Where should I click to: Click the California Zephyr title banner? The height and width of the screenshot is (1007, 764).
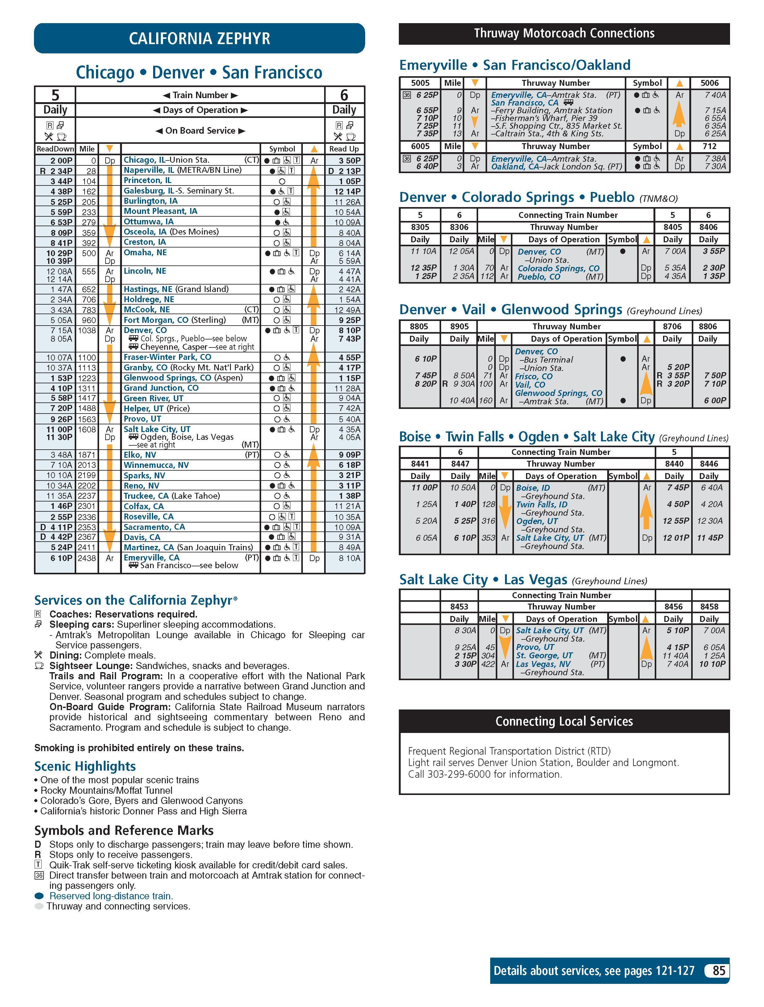199,38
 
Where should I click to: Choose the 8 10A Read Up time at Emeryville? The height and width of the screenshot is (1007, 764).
349,558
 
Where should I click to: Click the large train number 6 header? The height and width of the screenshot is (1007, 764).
344,95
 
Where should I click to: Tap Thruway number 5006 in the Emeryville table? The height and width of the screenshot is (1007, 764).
709,83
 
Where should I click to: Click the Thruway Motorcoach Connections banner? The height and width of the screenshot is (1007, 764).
564,33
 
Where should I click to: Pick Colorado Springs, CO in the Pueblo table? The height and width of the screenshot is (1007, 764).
558,268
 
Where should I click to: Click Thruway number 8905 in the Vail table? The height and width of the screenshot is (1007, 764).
459,327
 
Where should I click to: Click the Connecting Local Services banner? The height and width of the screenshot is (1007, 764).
564,722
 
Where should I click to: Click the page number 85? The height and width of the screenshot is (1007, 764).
719,971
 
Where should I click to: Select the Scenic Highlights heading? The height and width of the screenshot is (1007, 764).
85,766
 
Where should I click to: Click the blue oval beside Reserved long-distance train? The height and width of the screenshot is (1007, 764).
39,896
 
